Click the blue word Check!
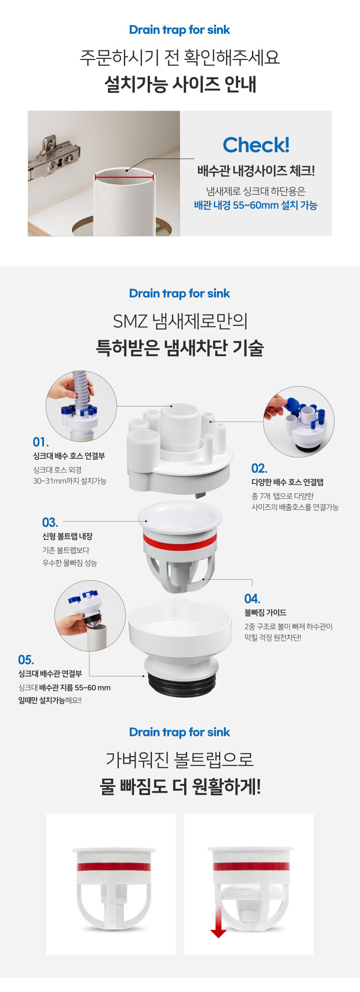click(x=256, y=145)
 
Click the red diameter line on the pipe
click(x=124, y=177)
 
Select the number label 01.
click(x=41, y=442)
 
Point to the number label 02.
click(x=259, y=468)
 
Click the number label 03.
click(x=50, y=522)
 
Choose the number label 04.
click(x=252, y=599)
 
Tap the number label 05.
click(x=26, y=660)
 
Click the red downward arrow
click(x=218, y=921)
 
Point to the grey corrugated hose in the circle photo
click(x=81, y=389)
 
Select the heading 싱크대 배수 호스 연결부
click(x=69, y=456)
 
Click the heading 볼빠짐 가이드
click(x=265, y=612)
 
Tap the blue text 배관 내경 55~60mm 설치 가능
click(x=256, y=205)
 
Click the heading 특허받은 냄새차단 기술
click(x=180, y=348)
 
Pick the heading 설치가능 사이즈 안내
click(x=180, y=84)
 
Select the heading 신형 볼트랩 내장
click(x=67, y=536)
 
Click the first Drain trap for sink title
click(x=180, y=30)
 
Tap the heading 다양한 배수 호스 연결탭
click(x=288, y=482)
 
